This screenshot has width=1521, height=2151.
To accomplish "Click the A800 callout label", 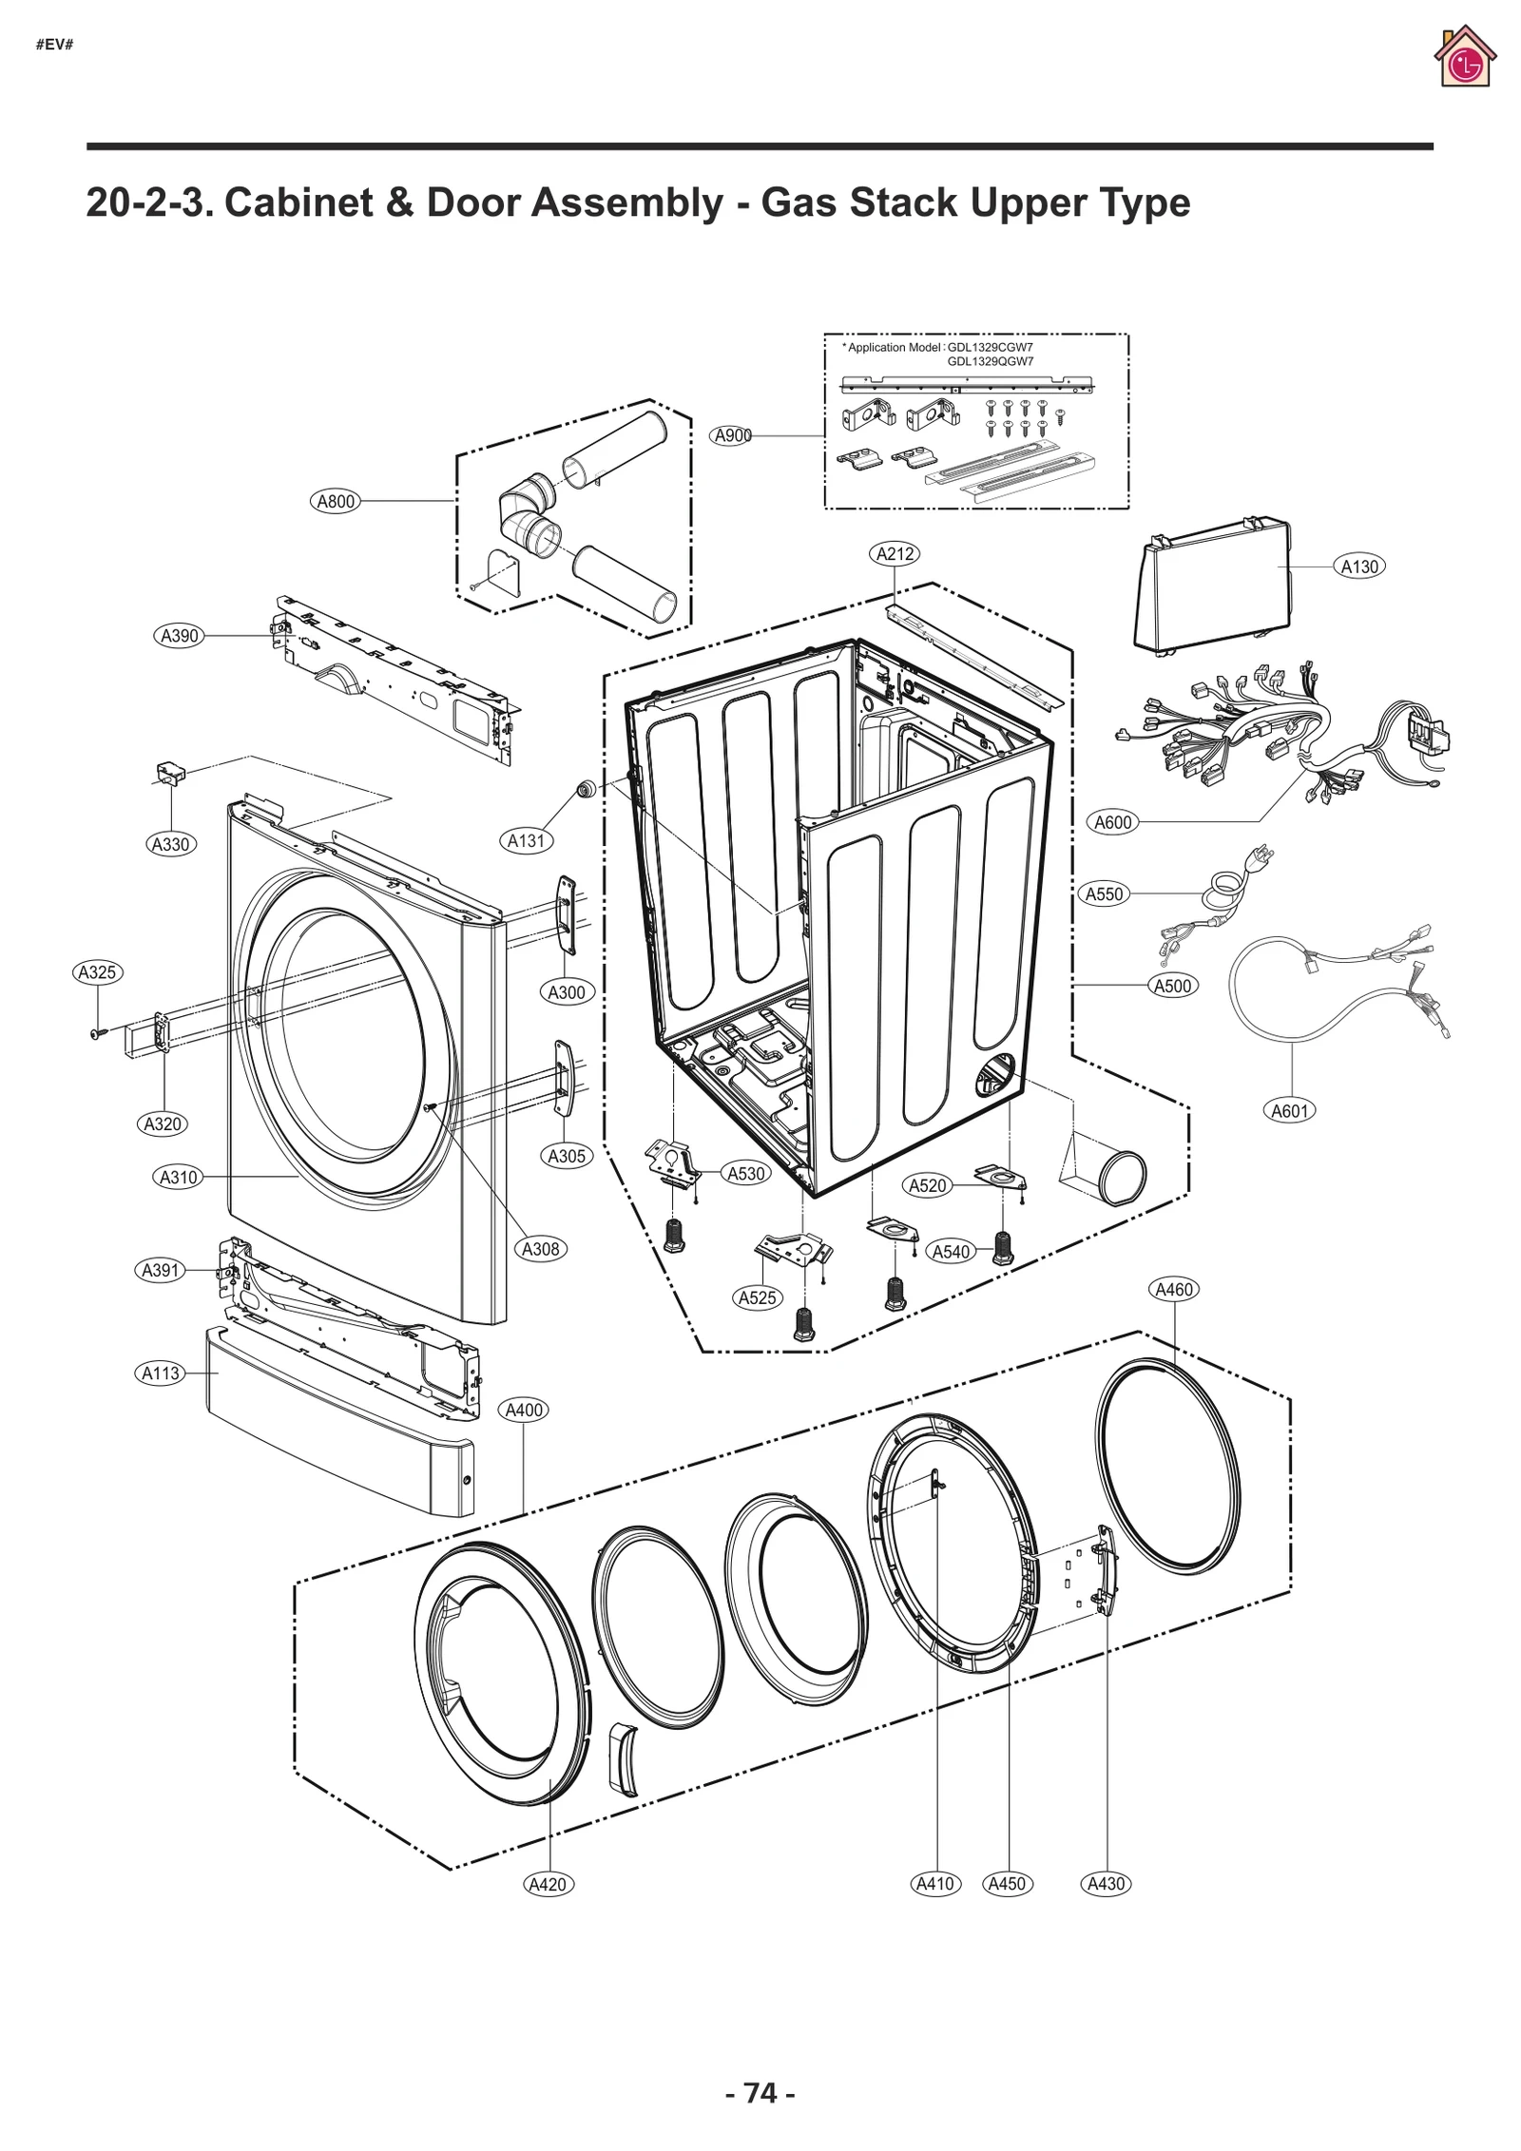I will (336, 501).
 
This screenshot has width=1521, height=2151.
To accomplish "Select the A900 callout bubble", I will (732, 435).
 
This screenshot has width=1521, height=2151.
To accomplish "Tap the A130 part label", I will (1359, 567).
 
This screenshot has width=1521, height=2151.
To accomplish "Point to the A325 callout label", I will (98, 972).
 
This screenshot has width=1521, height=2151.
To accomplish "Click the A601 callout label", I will (1290, 1110).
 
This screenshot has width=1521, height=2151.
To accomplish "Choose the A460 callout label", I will (1173, 1290).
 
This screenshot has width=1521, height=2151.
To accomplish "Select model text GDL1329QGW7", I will (990, 361).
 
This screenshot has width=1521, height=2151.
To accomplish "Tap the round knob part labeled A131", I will (587, 788).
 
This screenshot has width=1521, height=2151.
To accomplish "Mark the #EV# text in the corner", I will (54, 45).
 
